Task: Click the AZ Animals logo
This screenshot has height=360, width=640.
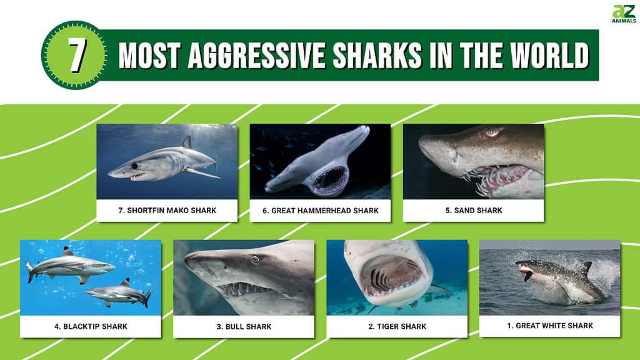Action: (624, 14)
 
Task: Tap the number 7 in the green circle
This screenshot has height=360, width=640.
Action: (76, 55)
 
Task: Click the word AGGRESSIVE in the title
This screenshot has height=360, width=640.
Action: (256, 55)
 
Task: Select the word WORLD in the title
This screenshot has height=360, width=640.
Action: (549, 55)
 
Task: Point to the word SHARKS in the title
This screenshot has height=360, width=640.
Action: (377, 55)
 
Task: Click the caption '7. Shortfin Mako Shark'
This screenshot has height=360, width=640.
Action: (167, 210)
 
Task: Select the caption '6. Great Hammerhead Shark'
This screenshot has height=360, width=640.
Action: (321, 211)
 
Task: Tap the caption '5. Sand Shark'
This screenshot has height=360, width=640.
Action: (474, 210)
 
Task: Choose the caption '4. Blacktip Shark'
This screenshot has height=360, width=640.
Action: (91, 326)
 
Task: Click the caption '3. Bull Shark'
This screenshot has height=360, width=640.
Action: (244, 326)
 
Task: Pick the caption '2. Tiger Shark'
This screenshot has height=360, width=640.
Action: (397, 326)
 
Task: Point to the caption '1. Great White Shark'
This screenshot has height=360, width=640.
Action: (550, 325)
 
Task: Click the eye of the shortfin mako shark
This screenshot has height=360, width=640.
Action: (134, 166)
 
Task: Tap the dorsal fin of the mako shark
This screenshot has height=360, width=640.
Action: (187, 142)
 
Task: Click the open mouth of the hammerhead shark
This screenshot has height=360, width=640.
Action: (330, 179)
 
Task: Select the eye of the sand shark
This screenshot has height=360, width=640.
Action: (492, 131)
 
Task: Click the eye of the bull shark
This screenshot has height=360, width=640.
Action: (256, 259)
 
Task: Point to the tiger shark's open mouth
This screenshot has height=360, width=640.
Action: (391, 276)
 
